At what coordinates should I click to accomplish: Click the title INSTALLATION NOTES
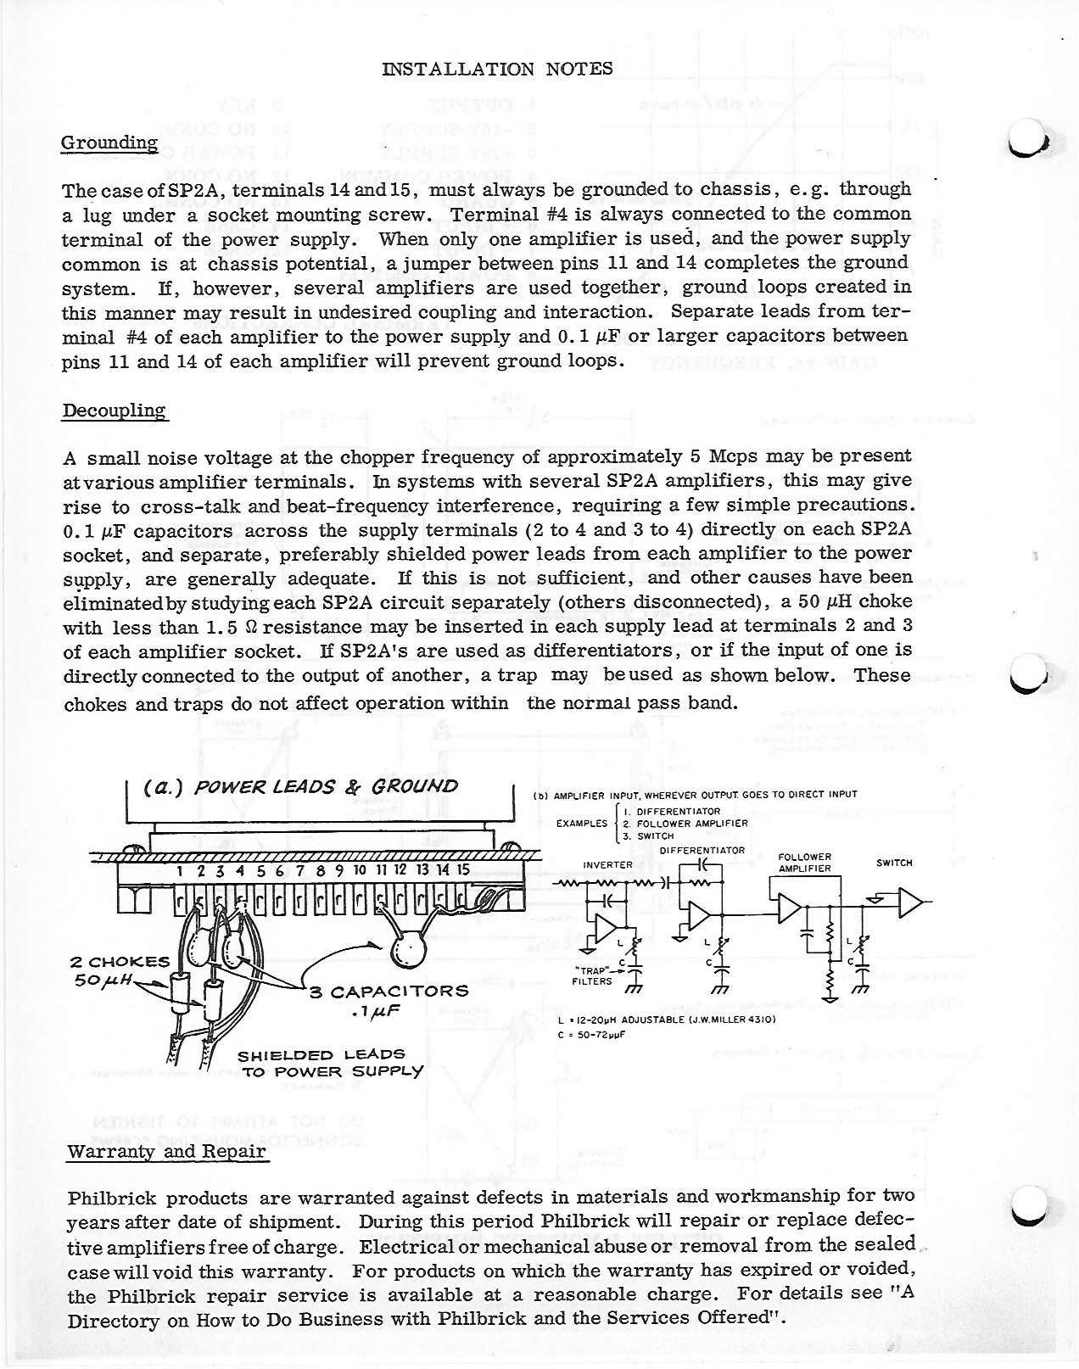[x=497, y=70]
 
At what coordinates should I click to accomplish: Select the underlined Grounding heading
[x=109, y=142]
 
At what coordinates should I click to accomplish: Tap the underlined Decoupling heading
[x=115, y=411]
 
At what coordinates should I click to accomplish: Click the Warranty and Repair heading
[x=167, y=1152]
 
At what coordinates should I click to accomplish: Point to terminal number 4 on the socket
[x=240, y=870]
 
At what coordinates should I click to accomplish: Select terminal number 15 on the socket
[x=463, y=870]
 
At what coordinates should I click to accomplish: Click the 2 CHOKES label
[x=120, y=962]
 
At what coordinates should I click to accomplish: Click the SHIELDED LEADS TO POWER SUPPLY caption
[x=331, y=1063]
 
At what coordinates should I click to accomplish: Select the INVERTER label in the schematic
[x=608, y=865]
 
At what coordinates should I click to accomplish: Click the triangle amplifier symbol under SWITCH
[x=910, y=903]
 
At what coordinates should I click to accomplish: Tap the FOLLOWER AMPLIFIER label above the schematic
[x=804, y=863]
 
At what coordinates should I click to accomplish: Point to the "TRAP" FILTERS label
[x=594, y=975]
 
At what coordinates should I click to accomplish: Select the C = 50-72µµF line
[x=592, y=1036]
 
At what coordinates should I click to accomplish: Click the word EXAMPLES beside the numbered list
[x=582, y=824]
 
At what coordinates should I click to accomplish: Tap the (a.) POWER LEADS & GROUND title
[x=301, y=786]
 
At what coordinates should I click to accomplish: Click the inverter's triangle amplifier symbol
[x=606, y=930]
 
